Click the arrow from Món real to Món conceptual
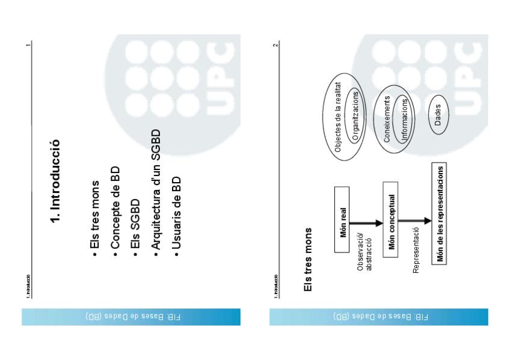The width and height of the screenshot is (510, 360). tap(367, 223)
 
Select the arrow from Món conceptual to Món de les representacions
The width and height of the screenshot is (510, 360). tap(416, 222)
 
